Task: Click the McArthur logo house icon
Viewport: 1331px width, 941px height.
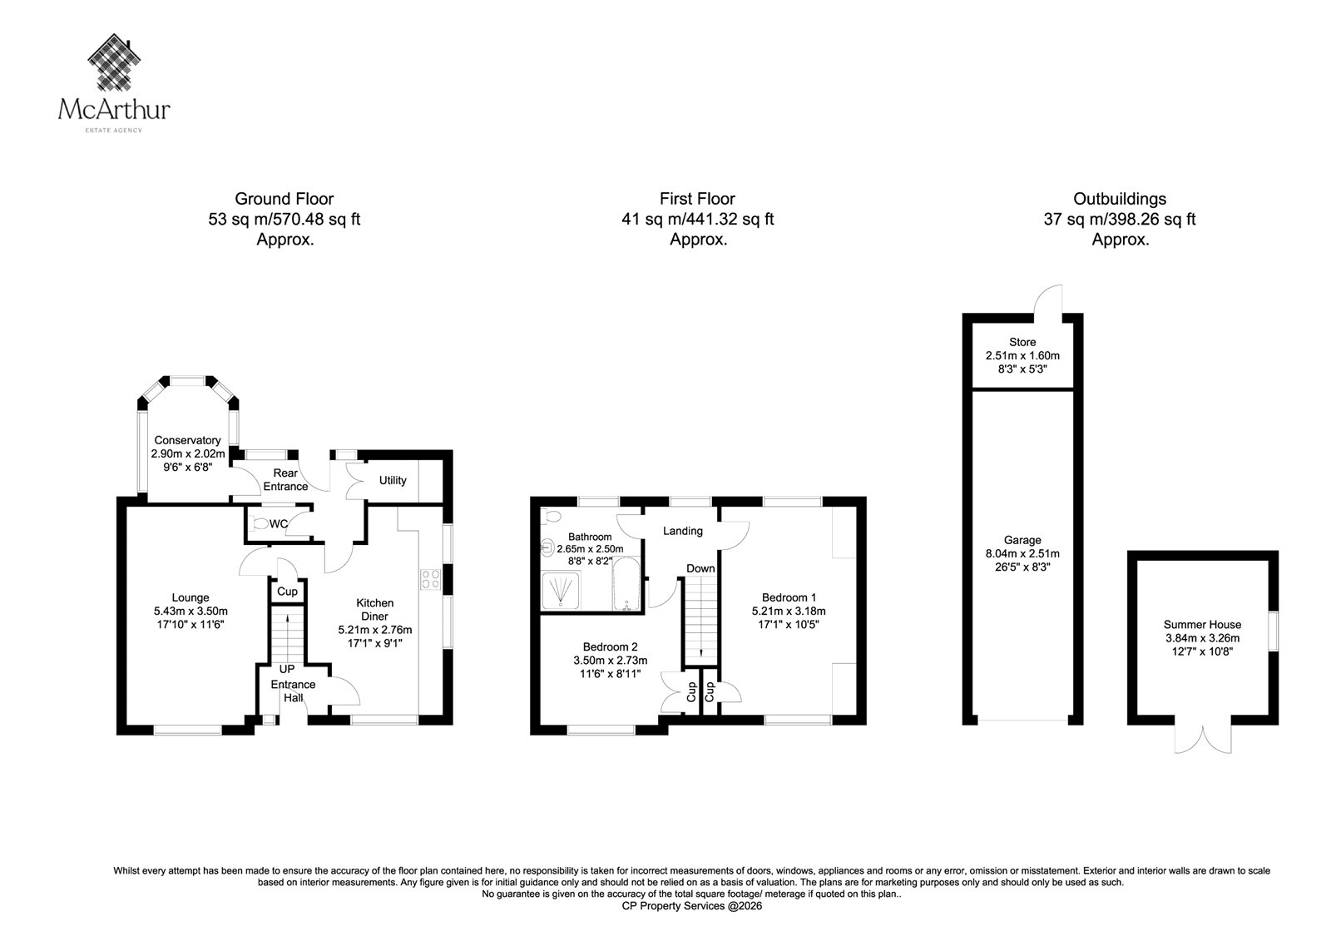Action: click(x=114, y=62)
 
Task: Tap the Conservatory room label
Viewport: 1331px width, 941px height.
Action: click(x=187, y=440)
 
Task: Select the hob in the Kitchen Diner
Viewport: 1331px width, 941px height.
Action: click(x=431, y=579)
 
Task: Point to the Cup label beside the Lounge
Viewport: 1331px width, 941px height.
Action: click(x=287, y=592)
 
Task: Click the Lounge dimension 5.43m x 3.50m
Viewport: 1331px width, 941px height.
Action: click(x=190, y=611)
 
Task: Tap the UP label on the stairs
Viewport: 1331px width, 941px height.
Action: click(x=287, y=669)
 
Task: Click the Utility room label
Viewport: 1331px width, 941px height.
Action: click(x=393, y=480)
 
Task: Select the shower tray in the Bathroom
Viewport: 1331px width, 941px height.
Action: click(x=561, y=590)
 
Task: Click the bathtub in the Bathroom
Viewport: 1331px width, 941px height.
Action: click(x=626, y=584)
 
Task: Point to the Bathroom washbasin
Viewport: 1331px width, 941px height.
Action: click(x=547, y=547)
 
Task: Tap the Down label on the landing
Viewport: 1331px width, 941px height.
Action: click(x=700, y=568)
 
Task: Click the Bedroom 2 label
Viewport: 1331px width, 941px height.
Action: click(x=611, y=646)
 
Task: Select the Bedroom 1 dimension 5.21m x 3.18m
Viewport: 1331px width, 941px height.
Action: click(x=789, y=611)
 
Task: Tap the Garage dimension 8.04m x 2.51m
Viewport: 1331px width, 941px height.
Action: click(x=1022, y=553)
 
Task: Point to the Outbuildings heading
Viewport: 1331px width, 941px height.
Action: click(x=1120, y=199)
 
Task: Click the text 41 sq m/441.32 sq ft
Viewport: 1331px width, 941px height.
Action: click(x=698, y=220)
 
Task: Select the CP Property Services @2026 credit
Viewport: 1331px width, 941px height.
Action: click(x=691, y=906)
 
